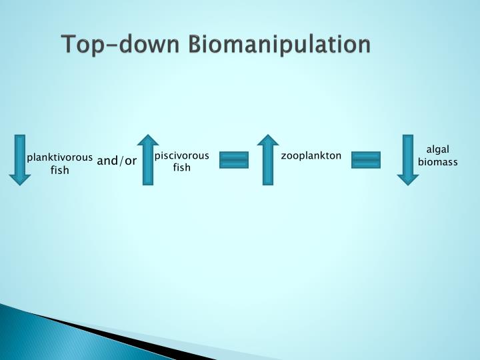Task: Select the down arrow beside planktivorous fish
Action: point(20,159)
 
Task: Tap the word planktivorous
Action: point(59,158)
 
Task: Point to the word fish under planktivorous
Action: point(59,171)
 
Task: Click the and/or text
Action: point(117,161)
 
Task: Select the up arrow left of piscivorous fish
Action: point(147,159)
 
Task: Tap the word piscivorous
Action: point(181,156)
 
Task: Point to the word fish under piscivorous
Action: point(181,168)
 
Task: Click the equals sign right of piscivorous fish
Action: point(234,160)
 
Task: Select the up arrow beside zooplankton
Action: point(268,159)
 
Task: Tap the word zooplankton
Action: point(311,156)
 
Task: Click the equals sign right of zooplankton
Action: point(366,160)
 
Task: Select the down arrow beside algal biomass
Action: point(408,159)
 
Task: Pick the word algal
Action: point(437,149)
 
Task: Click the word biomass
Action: point(437,162)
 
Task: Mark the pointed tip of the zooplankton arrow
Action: point(268,136)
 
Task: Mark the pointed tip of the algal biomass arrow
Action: point(408,184)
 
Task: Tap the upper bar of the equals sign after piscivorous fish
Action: point(234,156)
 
